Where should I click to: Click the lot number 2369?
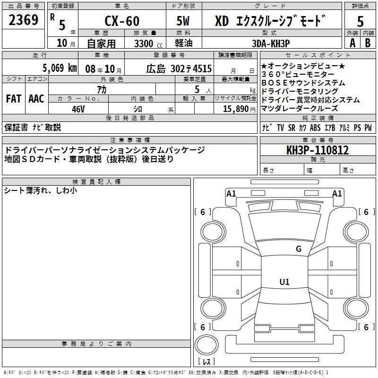click(23, 20)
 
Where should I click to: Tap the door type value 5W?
click(183, 21)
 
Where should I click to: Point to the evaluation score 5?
click(361, 21)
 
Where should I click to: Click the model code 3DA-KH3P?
click(271, 43)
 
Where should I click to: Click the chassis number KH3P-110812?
click(318, 151)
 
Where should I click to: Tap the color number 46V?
click(78, 109)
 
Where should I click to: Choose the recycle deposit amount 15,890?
click(235, 109)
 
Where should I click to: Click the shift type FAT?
click(14, 99)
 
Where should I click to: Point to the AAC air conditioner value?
click(36, 99)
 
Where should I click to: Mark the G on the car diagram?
click(299, 249)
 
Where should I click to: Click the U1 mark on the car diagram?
click(284, 282)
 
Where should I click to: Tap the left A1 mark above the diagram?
click(231, 193)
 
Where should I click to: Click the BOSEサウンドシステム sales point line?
click(303, 83)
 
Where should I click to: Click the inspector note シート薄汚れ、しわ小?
click(40, 191)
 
